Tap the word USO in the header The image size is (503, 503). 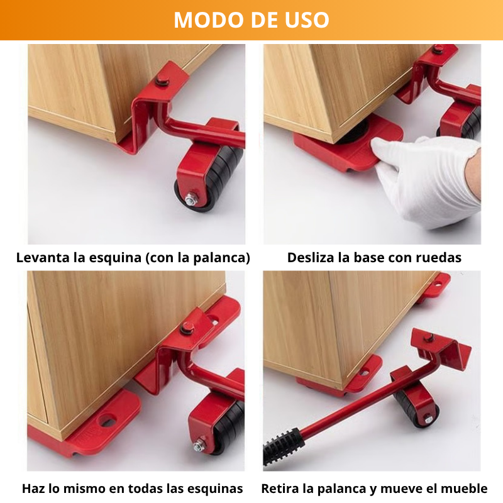(x=306, y=19)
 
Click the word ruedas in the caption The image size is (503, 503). (x=439, y=257)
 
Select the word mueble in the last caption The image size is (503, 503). (x=465, y=489)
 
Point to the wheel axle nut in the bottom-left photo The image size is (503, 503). (x=198, y=446)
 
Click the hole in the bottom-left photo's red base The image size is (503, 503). (x=107, y=419)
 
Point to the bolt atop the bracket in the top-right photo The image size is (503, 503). (x=438, y=49)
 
